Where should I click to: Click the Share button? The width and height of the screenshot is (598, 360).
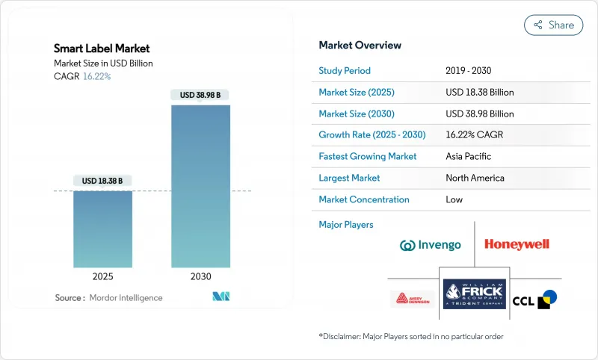[x=554, y=25]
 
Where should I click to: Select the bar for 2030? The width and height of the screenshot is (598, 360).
[x=200, y=186]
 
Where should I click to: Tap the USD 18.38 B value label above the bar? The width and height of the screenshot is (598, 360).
[x=102, y=181]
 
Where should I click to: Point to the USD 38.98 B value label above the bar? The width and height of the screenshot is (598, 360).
[x=200, y=95]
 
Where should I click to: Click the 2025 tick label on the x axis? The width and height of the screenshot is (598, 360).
[x=102, y=276]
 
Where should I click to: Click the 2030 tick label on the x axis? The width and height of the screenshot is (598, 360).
[x=200, y=276]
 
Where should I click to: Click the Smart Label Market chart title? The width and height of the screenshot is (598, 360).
[x=102, y=49]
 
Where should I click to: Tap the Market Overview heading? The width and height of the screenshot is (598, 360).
[x=360, y=45]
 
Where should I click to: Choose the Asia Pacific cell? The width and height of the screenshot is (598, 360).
[x=468, y=157]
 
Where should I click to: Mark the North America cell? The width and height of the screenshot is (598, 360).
[x=475, y=178]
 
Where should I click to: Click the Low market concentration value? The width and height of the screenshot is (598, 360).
[x=454, y=199]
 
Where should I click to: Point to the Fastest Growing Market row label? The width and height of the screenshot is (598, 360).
[x=368, y=157]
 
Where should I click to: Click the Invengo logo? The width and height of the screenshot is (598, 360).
[x=430, y=245]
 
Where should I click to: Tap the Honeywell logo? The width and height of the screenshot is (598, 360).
[x=517, y=244]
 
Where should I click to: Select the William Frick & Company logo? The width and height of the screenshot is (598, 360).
[x=474, y=294]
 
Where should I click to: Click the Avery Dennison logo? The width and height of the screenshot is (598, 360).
[x=412, y=300]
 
